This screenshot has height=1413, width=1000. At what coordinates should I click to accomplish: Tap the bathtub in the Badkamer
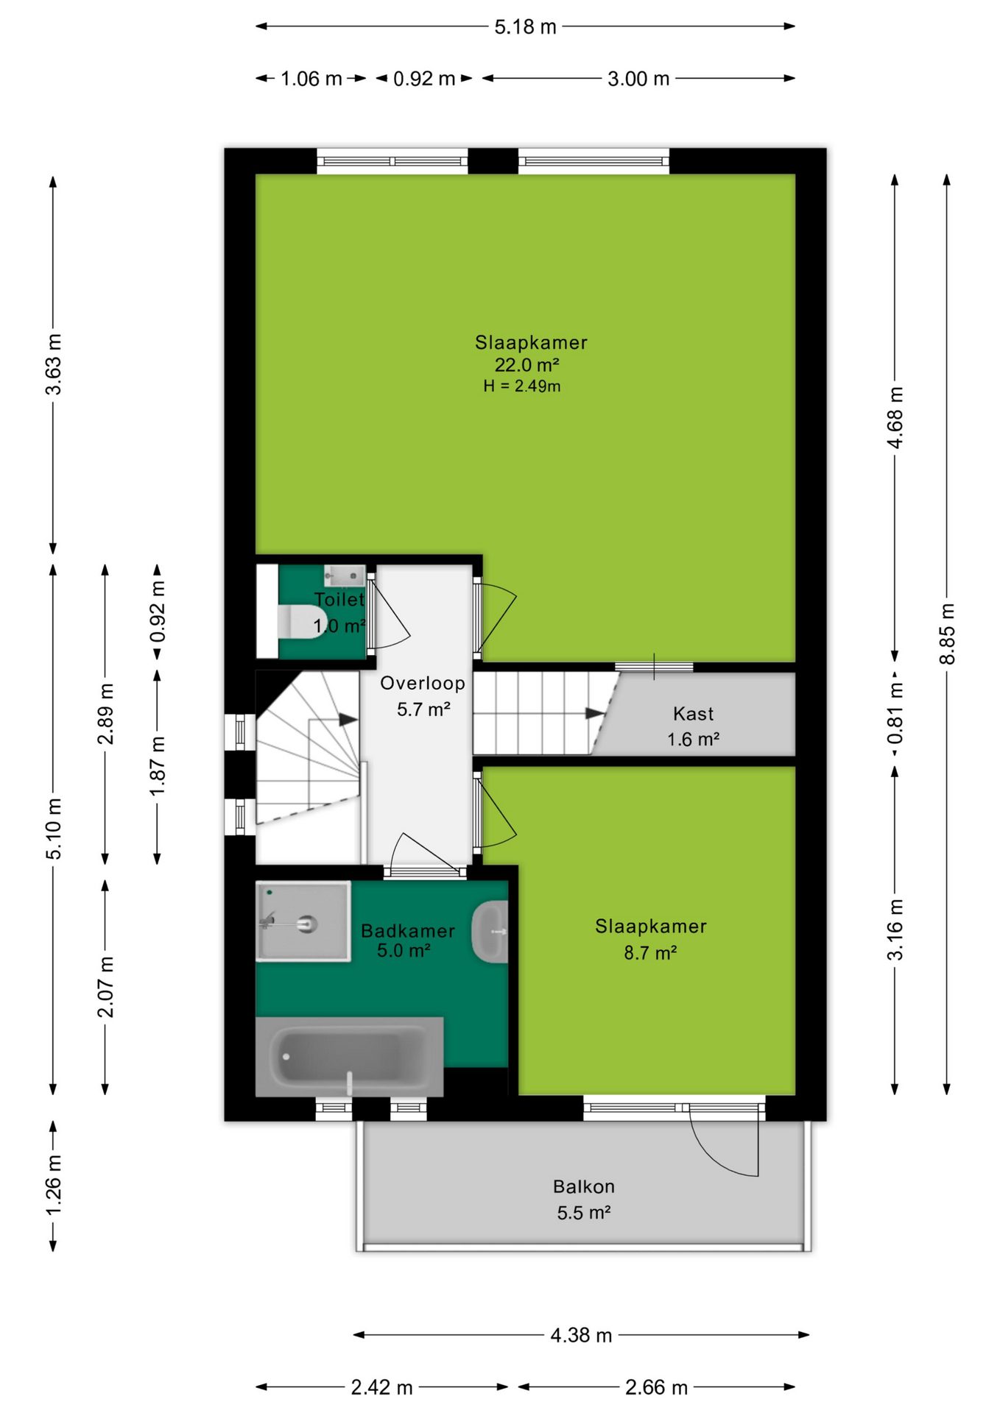click(349, 1057)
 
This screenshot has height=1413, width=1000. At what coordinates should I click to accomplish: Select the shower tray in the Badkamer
click(303, 921)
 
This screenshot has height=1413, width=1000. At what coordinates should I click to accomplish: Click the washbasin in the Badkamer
click(490, 932)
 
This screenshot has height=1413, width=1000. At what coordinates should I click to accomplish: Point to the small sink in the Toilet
click(345, 576)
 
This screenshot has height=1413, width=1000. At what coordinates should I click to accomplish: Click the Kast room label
click(693, 714)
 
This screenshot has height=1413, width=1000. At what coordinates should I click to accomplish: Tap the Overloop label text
click(423, 683)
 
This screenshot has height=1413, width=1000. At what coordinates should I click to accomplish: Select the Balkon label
click(584, 1186)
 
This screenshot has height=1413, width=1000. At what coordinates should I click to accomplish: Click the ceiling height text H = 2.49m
click(522, 386)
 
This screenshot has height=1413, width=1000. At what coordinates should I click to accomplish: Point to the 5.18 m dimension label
click(525, 27)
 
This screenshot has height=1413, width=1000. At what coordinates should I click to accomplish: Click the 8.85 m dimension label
click(947, 634)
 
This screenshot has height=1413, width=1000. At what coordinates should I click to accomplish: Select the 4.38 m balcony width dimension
click(582, 1335)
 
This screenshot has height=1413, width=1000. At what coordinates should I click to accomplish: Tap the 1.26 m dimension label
click(54, 1186)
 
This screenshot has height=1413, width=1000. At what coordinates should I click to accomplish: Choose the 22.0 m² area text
click(527, 364)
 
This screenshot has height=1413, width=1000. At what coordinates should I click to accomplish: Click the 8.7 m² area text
click(650, 953)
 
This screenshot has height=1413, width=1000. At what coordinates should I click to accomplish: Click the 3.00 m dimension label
click(638, 79)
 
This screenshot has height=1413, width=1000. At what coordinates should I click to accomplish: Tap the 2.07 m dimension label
click(106, 987)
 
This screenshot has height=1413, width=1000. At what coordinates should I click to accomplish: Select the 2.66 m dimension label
click(656, 1387)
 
